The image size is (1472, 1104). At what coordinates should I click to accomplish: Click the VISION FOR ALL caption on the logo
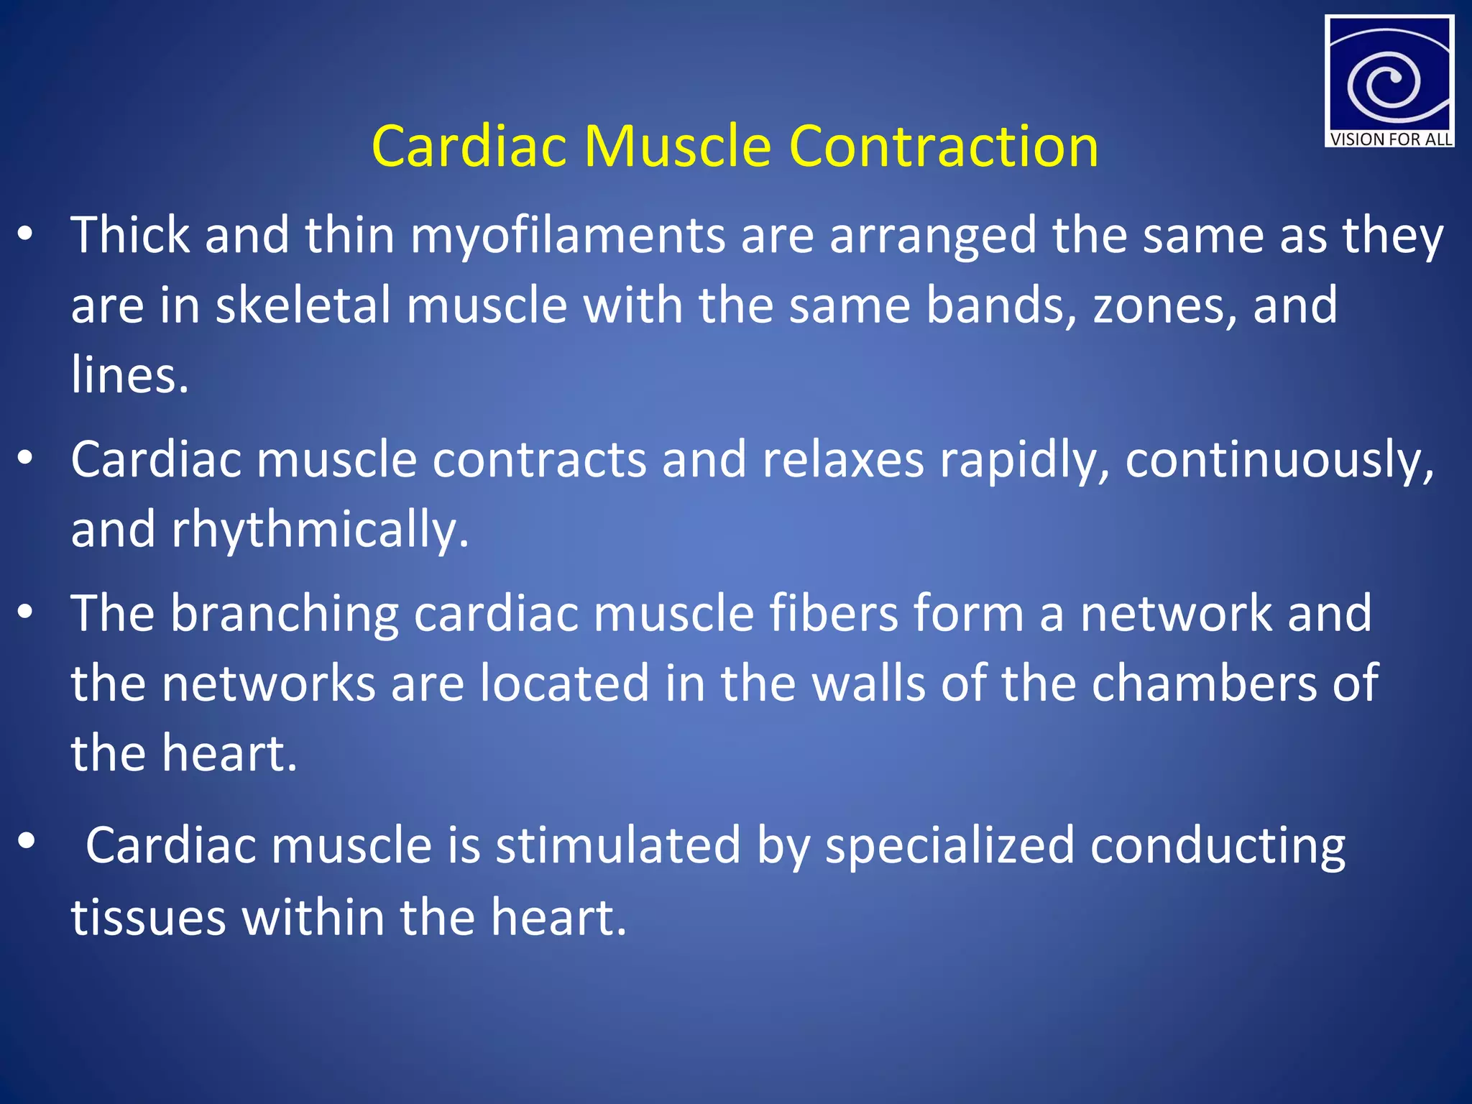[x=1390, y=139]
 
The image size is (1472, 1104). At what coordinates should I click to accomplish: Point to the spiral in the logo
[x=1384, y=83]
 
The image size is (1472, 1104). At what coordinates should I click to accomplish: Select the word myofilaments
[x=567, y=237]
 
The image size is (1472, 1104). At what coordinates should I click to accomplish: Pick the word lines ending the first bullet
[x=129, y=375]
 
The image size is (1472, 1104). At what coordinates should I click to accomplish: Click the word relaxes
[x=843, y=460]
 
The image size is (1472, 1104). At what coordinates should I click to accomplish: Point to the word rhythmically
[x=320, y=530]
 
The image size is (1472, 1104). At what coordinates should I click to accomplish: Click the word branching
[x=285, y=615]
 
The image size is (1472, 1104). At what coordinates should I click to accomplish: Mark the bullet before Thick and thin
[x=26, y=234]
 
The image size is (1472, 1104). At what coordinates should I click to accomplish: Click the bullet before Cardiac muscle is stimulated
[x=27, y=840]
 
